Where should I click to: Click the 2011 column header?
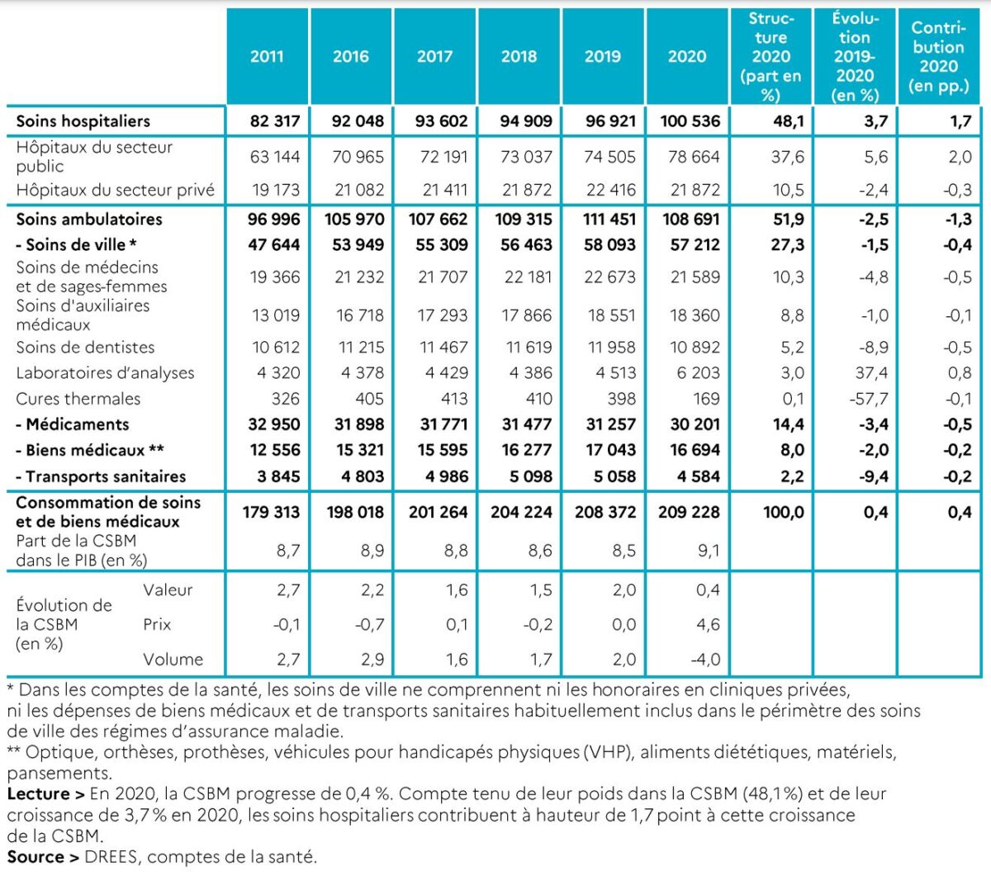coord(267,57)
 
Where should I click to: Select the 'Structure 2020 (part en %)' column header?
coord(771,57)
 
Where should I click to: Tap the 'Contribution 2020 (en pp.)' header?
coord(938,57)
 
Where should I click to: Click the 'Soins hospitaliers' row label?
coord(83,121)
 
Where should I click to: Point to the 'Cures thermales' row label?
coord(78,399)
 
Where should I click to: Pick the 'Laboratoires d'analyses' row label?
coord(105,373)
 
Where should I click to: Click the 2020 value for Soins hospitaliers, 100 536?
coord(690,121)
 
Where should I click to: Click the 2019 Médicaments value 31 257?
coord(610,424)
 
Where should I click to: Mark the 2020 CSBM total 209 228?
coord(689,512)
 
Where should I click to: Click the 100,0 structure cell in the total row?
coord(783,512)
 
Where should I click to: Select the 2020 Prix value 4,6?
coord(708,625)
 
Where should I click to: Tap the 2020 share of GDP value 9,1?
coord(708,551)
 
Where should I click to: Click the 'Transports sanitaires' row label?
coord(101,476)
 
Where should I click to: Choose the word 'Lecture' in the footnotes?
coord(38,794)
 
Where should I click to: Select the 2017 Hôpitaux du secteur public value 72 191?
coord(443,157)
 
